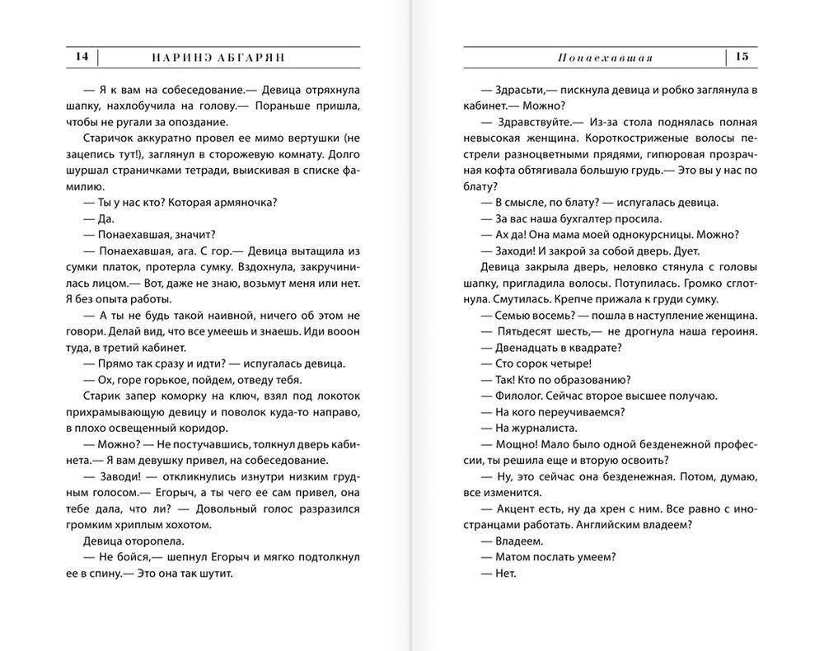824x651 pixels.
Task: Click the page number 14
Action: pos(81,57)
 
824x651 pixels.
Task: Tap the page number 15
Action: pos(742,57)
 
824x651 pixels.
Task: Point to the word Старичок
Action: pos(110,138)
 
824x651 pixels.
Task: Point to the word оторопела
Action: pos(157,541)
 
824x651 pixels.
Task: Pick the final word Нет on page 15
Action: pos(505,573)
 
